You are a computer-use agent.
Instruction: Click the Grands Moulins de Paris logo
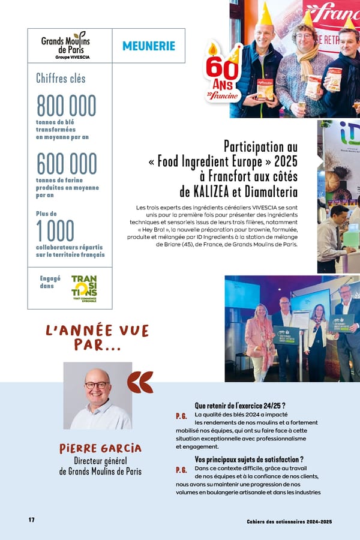(x=65, y=45)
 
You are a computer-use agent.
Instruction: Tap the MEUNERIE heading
(x=149, y=46)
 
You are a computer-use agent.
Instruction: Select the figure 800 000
(x=66, y=106)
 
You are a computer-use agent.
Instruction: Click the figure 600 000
(x=66, y=163)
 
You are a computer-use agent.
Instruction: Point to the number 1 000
(x=55, y=231)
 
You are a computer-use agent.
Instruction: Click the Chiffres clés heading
(x=61, y=78)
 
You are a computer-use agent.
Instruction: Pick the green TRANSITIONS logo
(x=84, y=288)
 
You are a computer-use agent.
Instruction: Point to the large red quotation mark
(x=140, y=382)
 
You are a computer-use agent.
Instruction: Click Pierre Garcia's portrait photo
(x=98, y=395)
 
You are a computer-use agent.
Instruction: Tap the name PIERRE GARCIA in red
(x=100, y=448)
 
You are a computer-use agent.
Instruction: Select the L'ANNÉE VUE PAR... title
(x=97, y=337)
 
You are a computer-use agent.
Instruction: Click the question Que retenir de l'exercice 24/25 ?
(x=239, y=405)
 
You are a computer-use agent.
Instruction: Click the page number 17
(x=31, y=520)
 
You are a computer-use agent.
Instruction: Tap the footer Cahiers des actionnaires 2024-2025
(x=289, y=521)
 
